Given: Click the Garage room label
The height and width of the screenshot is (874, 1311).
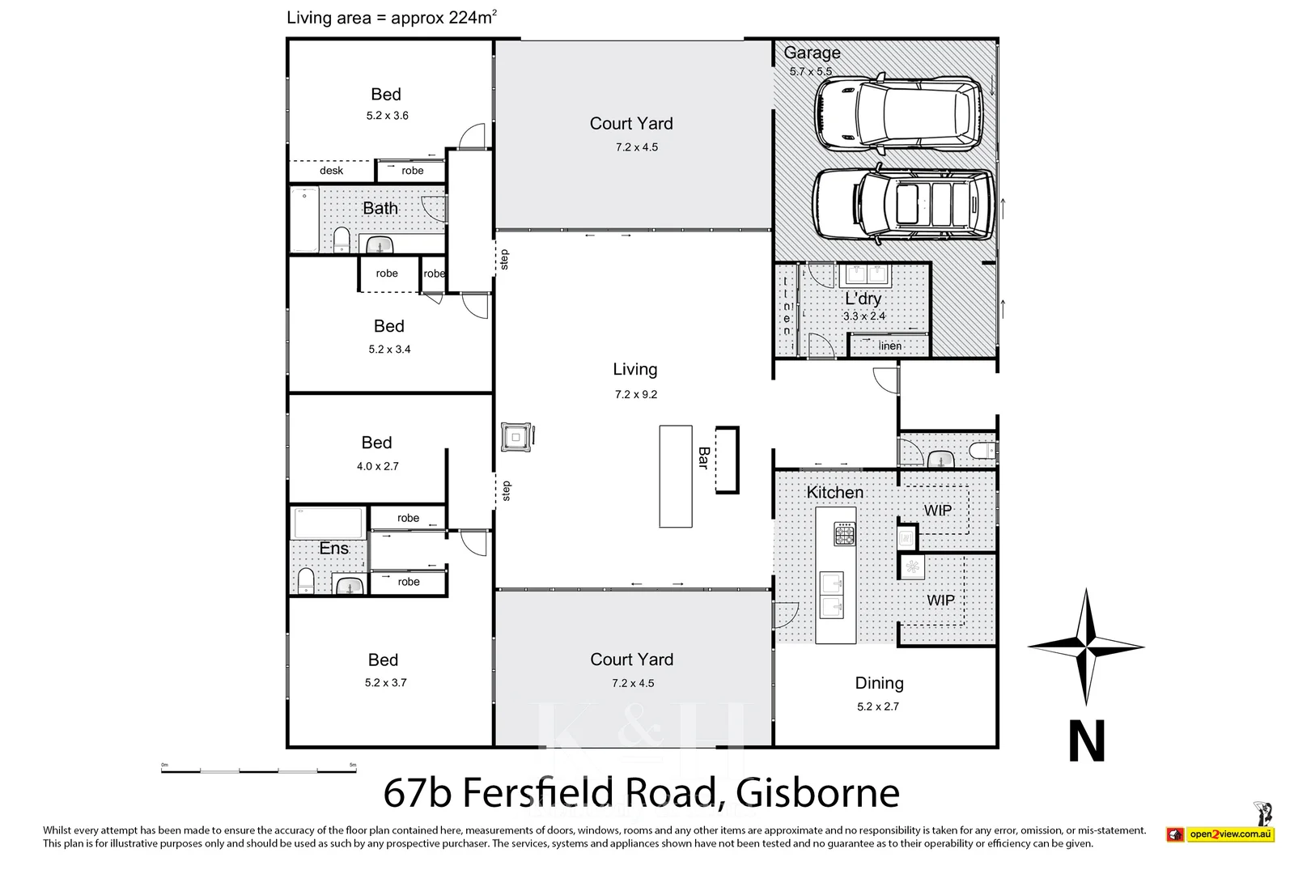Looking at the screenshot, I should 812,53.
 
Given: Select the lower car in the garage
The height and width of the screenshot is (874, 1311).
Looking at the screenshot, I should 902,205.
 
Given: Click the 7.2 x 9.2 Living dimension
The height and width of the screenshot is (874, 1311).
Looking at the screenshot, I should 636,395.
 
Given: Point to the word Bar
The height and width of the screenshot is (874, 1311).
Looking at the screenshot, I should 703,458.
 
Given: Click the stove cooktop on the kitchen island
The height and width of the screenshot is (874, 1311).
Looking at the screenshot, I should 845,534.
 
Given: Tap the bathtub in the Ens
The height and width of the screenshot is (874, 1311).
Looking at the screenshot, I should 328,523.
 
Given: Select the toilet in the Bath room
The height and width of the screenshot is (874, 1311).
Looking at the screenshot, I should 342,239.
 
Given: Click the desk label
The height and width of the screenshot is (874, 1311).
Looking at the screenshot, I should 331,171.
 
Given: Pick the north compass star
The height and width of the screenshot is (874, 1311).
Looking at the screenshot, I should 1086,647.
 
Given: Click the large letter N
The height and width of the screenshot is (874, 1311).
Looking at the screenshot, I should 1086,741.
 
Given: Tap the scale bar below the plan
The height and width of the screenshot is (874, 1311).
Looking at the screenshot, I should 258,770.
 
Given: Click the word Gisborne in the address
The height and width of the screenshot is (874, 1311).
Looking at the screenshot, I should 817,793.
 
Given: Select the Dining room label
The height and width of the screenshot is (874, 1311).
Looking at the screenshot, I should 879,683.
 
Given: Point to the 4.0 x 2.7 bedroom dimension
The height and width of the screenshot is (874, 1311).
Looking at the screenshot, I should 378,467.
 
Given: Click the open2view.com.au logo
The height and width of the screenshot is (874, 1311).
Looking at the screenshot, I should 1229,834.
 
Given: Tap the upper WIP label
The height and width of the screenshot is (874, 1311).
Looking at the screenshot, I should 938,511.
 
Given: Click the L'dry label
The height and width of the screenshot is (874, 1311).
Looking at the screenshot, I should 863,299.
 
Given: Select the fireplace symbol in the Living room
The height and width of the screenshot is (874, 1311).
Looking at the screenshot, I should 516,437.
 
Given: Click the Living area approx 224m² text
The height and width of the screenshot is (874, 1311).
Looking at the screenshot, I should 391,18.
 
